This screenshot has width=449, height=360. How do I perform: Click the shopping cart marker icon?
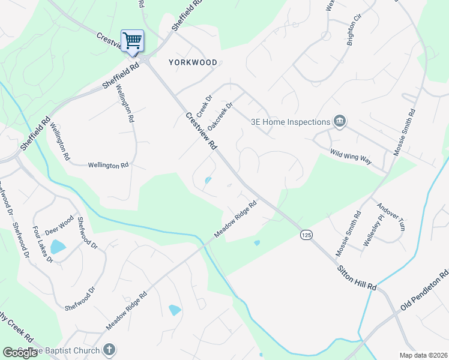click(133, 41)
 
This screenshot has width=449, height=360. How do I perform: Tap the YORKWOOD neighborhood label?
click(193, 62)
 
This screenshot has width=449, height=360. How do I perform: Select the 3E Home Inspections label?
click(291, 122)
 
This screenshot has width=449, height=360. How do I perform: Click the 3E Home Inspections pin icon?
click(340, 122)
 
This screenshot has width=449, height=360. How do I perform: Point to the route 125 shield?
click(306, 235)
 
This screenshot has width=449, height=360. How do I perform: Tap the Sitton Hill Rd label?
click(357, 274)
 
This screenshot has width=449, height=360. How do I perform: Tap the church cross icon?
click(109, 349)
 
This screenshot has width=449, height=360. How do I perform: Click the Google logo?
click(20, 353)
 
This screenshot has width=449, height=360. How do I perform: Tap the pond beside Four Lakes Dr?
click(58, 247)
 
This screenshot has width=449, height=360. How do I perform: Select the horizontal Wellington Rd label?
click(108, 164)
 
